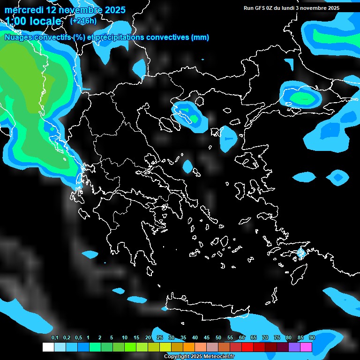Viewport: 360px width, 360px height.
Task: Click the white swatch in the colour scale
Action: pyautogui.click(x=48, y=347)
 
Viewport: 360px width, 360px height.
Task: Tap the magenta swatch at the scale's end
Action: pyautogui.click(x=306, y=347)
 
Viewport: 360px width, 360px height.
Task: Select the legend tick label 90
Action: pyautogui.click(x=312, y=337)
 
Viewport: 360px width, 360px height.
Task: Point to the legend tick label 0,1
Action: pyautogui.click(x=54, y=337)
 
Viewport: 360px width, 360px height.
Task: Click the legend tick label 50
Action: pyautogui.click(x=218, y=337)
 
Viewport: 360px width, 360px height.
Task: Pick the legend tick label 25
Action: pyautogui.click(x=160, y=337)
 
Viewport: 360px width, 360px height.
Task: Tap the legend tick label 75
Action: pyautogui.click(x=277, y=337)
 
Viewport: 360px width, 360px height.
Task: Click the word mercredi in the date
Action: pyautogui.click(x=24, y=10)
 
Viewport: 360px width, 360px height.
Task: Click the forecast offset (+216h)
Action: pyautogui.click(x=83, y=21)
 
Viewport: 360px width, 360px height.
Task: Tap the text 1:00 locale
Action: pyautogui.click(x=33, y=21)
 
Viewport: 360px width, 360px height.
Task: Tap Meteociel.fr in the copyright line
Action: pyautogui.click(x=219, y=357)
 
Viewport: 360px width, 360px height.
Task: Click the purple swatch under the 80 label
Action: pyautogui.click(x=294, y=347)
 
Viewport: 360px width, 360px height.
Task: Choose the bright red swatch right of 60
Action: pyautogui.click(x=247, y=347)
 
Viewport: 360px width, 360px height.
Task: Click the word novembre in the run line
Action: pyautogui.click(x=312, y=8)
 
